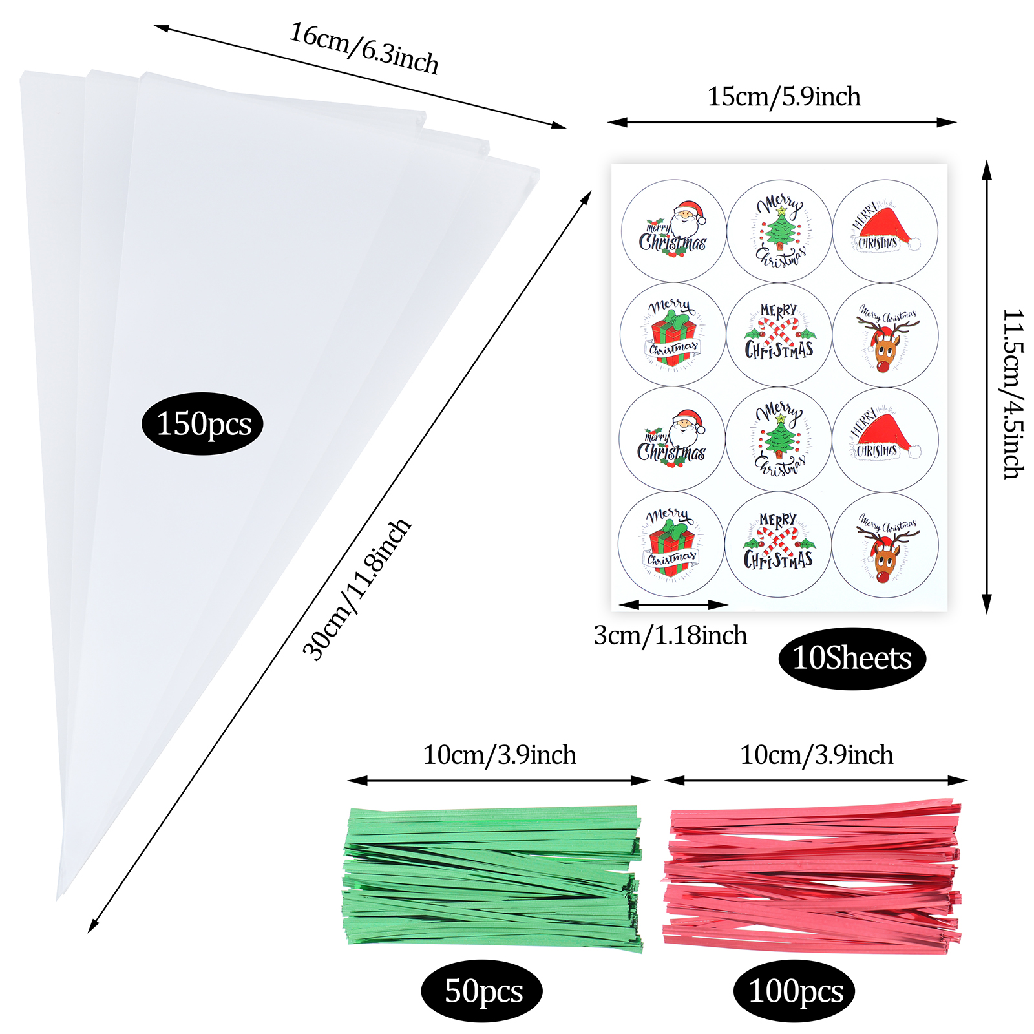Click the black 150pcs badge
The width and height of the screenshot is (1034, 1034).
(x=202, y=424)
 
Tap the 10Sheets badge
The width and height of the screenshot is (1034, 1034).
(x=852, y=658)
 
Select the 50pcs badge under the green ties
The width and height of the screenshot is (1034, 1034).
(x=482, y=991)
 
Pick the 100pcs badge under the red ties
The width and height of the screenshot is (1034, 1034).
(x=794, y=991)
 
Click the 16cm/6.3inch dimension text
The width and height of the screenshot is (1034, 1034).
(x=364, y=48)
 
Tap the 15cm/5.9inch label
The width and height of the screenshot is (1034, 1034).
(x=784, y=97)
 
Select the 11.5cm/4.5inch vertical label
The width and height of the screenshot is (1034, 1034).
(x=1013, y=394)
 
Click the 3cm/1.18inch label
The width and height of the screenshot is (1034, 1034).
(x=670, y=636)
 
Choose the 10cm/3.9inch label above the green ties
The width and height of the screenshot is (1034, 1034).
(x=500, y=755)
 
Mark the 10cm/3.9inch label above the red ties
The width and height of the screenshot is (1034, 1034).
(x=816, y=755)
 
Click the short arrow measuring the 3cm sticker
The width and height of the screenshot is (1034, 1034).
(x=673, y=605)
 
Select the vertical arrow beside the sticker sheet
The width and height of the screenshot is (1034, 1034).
(x=986, y=388)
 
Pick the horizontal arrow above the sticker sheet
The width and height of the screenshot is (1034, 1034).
(x=782, y=122)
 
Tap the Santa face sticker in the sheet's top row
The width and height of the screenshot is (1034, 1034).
(x=673, y=231)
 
